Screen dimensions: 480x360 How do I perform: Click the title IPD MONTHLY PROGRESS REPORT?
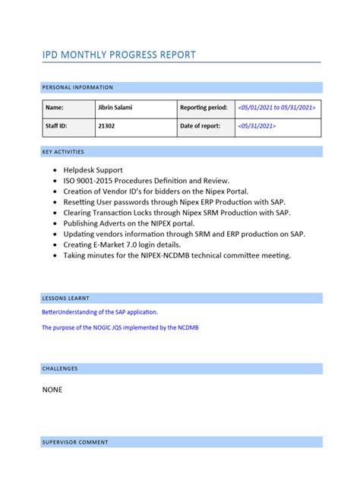click(x=118, y=55)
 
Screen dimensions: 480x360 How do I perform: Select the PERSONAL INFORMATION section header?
click(x=77, y=87)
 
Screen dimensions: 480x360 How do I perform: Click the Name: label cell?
click(x=55, y=108)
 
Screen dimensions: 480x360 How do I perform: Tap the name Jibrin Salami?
click(x=115, y=108)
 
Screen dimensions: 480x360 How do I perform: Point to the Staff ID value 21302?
click(x=107, y=126)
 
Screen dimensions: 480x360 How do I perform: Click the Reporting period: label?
click(x=204, y=108)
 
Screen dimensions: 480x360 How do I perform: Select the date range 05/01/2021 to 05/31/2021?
click(x=276, y=108)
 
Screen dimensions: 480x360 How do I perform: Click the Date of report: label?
click(x=201, y=126)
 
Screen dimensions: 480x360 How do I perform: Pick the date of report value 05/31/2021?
click(x=257, y=126)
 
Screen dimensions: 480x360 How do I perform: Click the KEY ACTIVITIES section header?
click(x=63, y=152)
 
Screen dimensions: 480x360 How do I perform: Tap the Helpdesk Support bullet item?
click(x=93, y=171)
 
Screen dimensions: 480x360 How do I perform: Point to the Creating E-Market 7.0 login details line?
click(x=123, y=245)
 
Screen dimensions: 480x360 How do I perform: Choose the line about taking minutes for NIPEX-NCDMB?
click(x=177, y=256)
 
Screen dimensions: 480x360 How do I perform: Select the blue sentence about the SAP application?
click(x=100, y=312)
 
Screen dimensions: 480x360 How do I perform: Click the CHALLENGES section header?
click(x=60, y=368)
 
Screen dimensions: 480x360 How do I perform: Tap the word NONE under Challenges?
click(x=52, y=390)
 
